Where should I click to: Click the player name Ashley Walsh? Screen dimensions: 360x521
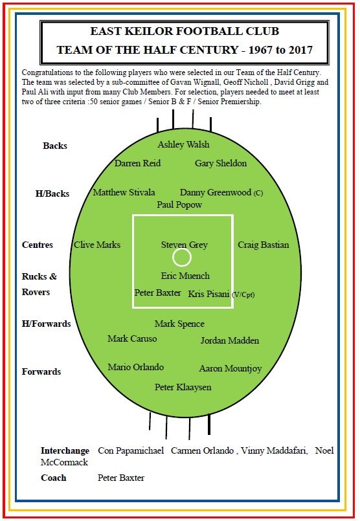coord(183,145)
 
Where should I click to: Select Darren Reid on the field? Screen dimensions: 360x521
coord(137,163)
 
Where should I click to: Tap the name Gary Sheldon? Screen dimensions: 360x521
coord(221,164)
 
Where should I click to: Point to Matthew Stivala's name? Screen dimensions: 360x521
coord(124,192)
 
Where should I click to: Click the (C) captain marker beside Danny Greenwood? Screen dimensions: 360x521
coord(258,193)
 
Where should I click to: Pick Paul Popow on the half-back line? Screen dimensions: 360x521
coord(179,205)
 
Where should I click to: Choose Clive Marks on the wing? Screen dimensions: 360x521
coord(97,245)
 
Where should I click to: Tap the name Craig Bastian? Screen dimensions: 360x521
coord(264,245)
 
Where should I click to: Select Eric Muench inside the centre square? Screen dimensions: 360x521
coord(185,276)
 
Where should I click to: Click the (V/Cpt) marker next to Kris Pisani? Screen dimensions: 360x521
coord(243,294)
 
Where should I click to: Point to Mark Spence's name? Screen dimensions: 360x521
coord(179,324)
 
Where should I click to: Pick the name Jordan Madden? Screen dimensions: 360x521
coord(230,340)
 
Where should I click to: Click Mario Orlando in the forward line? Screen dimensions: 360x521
coord(135,367)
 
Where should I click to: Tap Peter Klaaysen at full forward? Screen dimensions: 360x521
coord(183,388)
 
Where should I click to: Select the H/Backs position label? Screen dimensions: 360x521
coord(52,194)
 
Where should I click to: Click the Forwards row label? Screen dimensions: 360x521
coord(41,371)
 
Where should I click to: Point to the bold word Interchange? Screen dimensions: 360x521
coord(65,451)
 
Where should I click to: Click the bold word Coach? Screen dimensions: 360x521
coord(54,478)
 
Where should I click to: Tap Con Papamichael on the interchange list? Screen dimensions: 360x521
coord(131,451)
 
